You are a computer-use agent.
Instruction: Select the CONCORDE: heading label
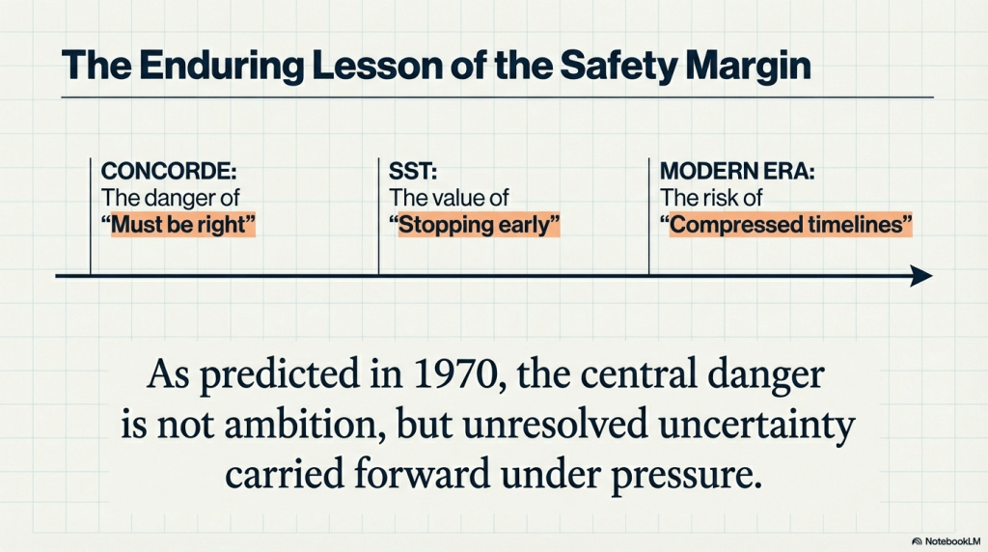168,172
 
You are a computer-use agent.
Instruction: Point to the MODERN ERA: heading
736,172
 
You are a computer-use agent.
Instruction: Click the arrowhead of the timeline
921,277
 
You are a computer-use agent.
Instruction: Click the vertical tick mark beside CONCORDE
90,216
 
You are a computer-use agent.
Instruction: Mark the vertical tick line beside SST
378,216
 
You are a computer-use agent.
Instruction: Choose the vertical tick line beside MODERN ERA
648,216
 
